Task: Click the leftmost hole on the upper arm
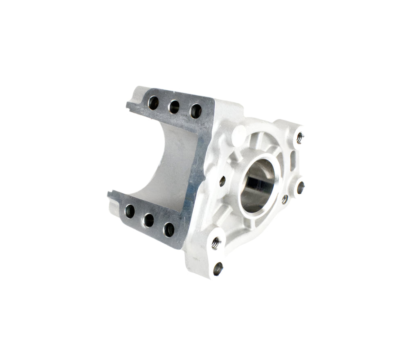pos(153,103)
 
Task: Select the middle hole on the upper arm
pos(174,107)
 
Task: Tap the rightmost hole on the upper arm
pos(196,111)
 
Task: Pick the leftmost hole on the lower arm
pos(130,211)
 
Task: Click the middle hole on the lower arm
pos(149,220)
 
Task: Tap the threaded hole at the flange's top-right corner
pos(299,138)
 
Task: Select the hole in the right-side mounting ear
pos(301,188)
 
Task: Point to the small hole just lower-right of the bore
pos(285,199)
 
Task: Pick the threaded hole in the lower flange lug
pos(215,244)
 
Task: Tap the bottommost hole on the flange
pos(218,268)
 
